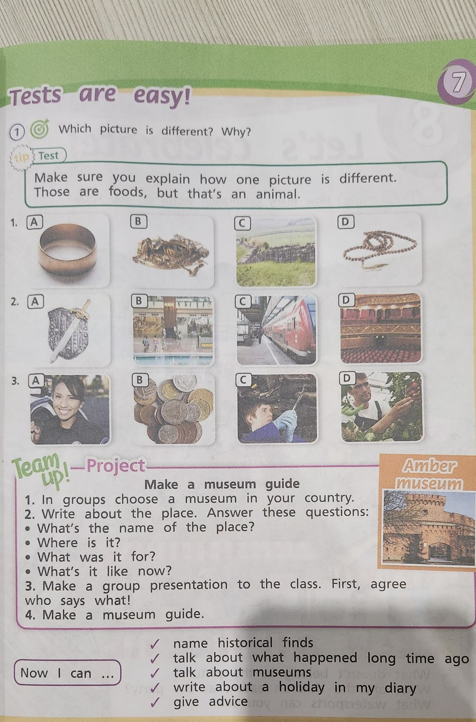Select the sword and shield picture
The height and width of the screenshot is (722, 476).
[70, 329]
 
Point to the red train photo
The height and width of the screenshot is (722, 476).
[277, 330]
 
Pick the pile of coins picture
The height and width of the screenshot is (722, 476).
[174, 409]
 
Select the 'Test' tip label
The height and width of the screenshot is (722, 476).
[49, 156]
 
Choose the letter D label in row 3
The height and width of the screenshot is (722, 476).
[347, 378]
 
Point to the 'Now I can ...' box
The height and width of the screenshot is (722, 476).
[67, 673]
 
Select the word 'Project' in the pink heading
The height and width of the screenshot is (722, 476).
[116, 466]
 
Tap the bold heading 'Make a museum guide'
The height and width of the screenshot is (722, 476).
[222, 484]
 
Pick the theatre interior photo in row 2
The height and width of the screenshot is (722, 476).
[381, 329]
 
